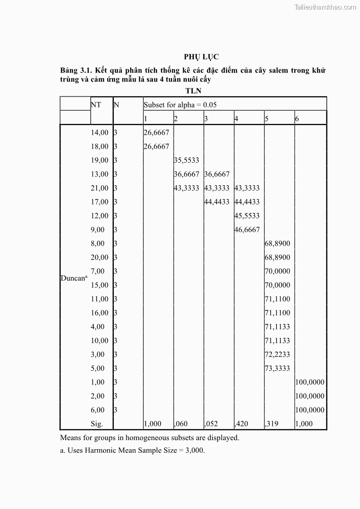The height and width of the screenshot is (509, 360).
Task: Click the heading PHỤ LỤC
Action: click(201, 57)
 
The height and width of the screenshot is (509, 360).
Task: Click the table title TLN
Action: click(193, 91)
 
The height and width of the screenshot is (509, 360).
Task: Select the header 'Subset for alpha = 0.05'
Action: click(180, 105)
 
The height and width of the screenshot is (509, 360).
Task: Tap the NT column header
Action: click(96, 105)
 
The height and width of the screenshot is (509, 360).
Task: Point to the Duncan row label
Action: click(73, 278)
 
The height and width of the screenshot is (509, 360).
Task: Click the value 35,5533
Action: click(186, 160)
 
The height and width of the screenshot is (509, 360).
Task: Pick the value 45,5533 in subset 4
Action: click(247, 216)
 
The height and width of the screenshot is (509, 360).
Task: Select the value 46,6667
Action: click(247, 229)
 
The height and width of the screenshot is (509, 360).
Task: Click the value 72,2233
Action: click(277, 354)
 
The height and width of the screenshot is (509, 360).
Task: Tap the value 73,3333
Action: click(277, 368)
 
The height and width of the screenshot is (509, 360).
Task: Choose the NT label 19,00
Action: click(100, 160)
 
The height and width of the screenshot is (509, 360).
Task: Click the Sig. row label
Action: click(97, 424)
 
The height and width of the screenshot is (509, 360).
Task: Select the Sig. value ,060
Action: click(182, 424)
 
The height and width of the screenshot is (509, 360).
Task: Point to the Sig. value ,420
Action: click(241, 424)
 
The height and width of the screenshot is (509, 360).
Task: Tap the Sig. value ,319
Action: click(272, 424)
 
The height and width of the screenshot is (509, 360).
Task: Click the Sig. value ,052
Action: click(211, 424)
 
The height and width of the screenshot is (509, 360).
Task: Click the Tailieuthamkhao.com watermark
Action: click(325, 7)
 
